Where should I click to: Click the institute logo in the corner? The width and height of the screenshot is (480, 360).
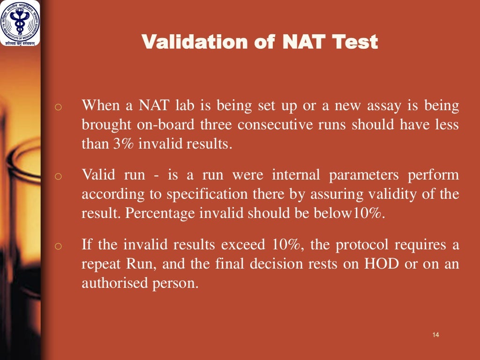point(20,23)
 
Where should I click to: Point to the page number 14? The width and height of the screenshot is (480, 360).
point(436,334)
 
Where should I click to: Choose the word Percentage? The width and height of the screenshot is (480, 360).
point(159,214)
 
